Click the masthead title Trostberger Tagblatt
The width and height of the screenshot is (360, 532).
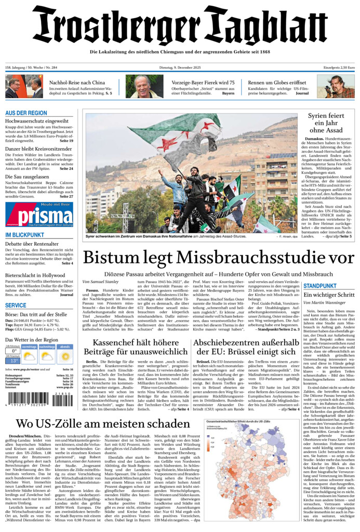click(180, 26)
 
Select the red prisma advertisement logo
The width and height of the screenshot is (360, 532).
click(39, 214)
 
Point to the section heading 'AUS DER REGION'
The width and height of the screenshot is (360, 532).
click(26, 113)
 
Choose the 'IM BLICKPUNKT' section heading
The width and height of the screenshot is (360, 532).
click(24, 235)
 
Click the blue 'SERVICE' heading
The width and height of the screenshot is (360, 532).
click(16, 305)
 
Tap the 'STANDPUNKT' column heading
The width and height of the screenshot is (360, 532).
click(320, 286)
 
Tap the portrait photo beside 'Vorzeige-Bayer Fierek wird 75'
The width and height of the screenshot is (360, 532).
click(137, 86)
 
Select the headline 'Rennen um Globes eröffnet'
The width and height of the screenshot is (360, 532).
click(277, 83)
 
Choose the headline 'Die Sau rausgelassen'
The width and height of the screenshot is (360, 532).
click(31, 177)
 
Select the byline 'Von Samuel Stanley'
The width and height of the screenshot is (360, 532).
click(100, 282)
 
